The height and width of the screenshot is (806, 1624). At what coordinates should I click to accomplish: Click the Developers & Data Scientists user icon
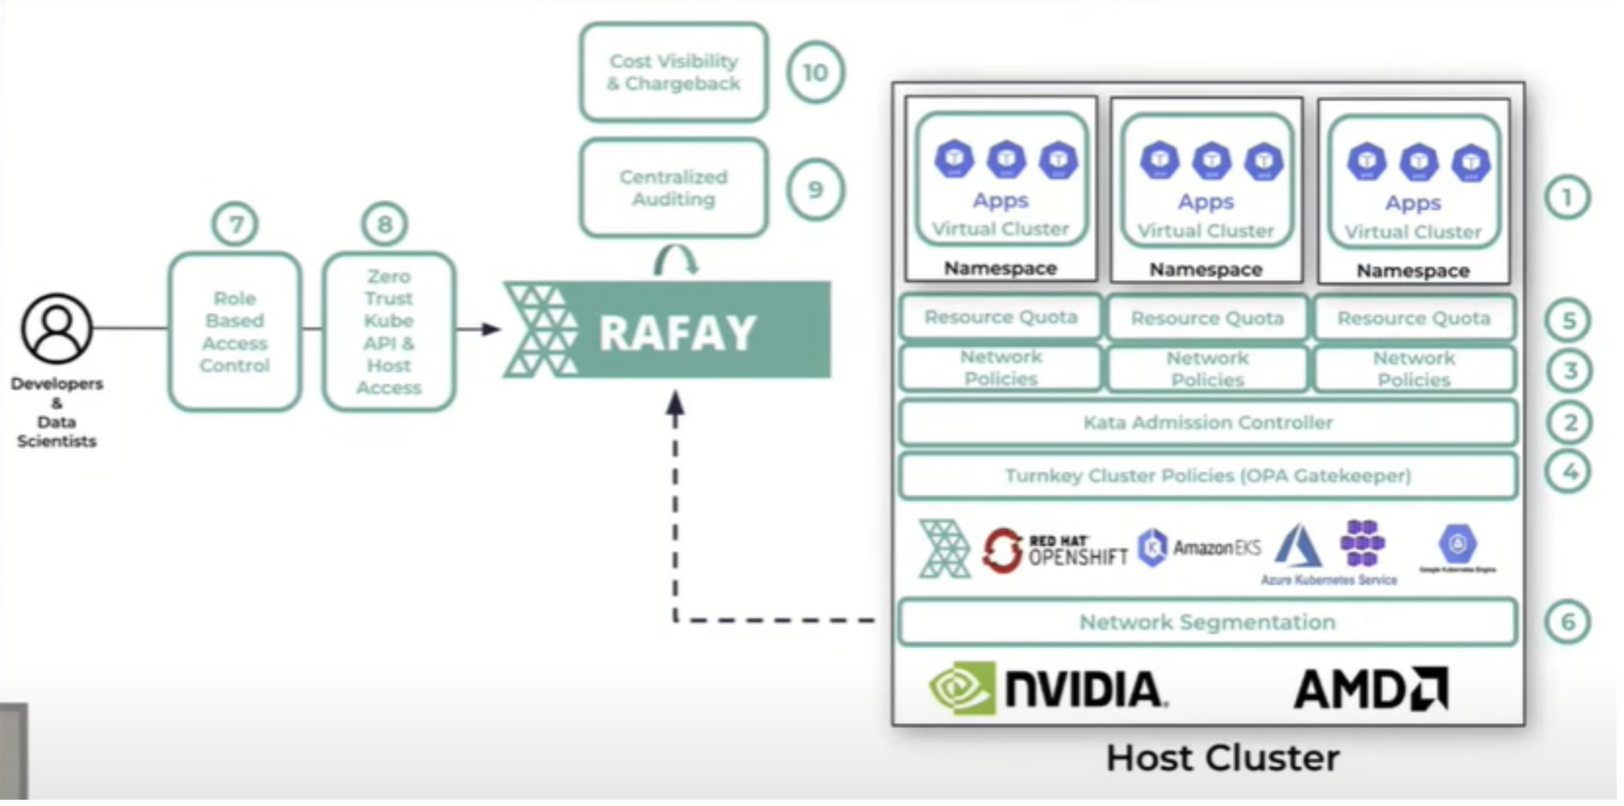[56, 329]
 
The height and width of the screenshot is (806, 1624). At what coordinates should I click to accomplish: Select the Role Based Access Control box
[235, 332]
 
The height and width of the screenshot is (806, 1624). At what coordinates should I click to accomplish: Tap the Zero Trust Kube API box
[388, 332]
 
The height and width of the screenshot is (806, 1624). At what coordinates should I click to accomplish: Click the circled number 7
[236, 224]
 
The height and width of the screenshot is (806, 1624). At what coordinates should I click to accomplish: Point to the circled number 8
[384, 224]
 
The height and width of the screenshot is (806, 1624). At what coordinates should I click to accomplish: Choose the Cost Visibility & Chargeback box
[674, 73]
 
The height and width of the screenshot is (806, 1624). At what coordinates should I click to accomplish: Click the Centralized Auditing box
[674, 188]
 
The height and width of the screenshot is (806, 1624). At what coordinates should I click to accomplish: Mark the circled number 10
[815, 73]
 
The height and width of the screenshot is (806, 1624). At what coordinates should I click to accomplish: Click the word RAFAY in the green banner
[677, 333]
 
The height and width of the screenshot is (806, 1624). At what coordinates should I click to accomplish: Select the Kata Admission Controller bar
[1208, 423]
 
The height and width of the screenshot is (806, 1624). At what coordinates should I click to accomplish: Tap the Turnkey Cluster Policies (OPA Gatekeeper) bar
[1208, 476]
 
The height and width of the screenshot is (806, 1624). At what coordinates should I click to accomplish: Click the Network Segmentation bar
[1208, 622]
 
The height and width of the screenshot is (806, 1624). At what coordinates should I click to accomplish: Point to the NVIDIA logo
[1048, 688]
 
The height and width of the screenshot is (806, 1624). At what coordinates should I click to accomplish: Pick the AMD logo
[1371, 688]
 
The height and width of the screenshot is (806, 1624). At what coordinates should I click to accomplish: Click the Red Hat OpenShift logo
[1055, 550]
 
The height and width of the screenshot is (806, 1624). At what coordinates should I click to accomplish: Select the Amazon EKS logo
[1200, 547]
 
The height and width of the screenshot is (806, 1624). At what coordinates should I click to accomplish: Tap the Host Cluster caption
[1222, 758]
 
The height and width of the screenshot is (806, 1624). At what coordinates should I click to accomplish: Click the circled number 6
[1568, 622]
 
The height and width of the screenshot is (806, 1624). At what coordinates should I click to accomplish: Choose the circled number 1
[1568, 198]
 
